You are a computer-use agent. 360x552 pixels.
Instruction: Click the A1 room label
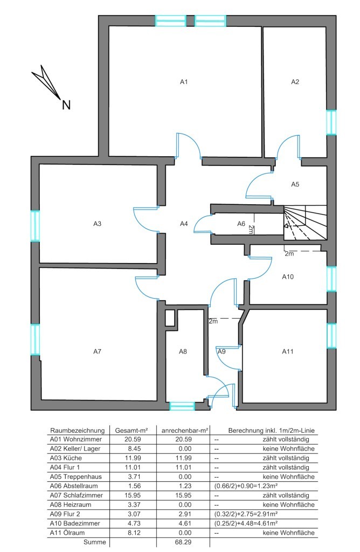coord(184,82)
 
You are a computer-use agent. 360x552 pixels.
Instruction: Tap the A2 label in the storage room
coord(295,82)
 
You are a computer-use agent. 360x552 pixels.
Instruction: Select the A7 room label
coord(97,351)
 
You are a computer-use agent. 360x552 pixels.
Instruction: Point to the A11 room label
coord(287,351)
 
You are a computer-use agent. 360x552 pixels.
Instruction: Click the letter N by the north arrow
coord(66,105)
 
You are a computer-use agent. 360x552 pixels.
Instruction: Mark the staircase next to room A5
coord(305,223)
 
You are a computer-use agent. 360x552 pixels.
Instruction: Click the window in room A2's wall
coord(331,122)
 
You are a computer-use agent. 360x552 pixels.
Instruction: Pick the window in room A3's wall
coord(35,226)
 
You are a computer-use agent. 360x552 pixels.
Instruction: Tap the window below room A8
coord(182,406)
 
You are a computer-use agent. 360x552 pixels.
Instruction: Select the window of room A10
coord(331,279)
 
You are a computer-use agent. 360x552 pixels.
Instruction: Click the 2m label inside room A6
coord(251,230)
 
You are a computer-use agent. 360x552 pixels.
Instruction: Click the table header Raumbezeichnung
coord(78,430)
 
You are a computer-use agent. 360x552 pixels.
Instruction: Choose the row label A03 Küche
coord(66,458)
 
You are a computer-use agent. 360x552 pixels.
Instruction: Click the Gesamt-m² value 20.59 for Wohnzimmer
coord(133,439)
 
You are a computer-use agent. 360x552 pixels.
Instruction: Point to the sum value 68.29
coord(183,542)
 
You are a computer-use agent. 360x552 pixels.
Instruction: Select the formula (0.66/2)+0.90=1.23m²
coord(246,486)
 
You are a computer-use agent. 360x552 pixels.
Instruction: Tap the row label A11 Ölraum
coord(67,533)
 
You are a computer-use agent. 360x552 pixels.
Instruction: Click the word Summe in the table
coord(95,542)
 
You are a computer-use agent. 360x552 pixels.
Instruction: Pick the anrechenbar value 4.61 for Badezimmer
coord(185,523)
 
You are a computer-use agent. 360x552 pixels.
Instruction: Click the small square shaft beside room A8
coord(170,318)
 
